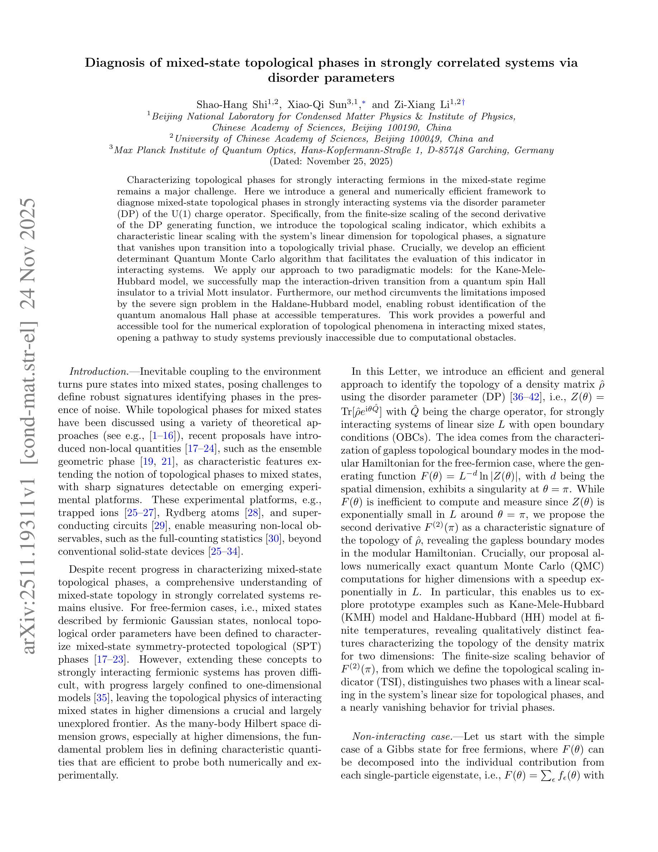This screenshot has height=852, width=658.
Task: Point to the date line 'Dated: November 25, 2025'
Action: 331,161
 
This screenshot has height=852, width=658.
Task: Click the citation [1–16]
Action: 163,436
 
